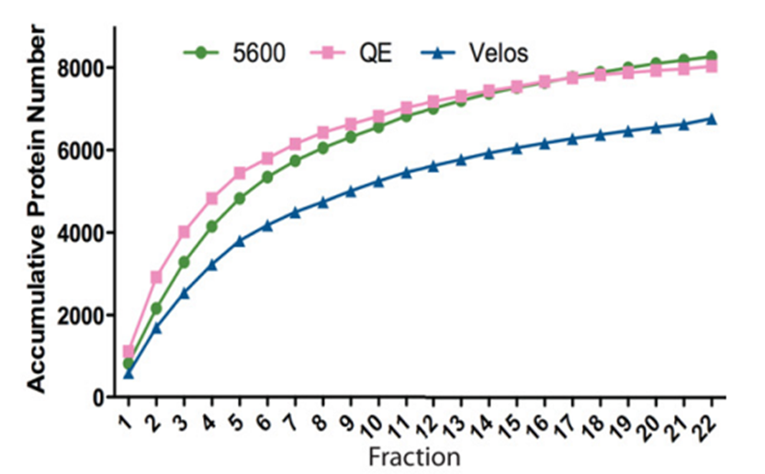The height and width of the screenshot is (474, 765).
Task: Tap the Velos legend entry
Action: pyautogui.click(x=497, y=52)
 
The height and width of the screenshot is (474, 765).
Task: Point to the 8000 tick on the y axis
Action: pyautogui.click(x=85, y=68)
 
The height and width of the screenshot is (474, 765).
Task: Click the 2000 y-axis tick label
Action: pyautogui.click(x=85, y=316)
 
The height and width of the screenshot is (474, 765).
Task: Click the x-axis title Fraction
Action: pyautogui.click(x=413, y=456)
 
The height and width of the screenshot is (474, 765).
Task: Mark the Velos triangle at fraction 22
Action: pyautogui.click(x=711, y=118)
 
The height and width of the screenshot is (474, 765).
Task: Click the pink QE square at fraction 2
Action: pyautogui.click(x=156, y=276)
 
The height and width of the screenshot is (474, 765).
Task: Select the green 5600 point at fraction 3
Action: pyautogui.click(x=184, y=262)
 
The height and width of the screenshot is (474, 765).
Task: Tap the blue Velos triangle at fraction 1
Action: pyautogui.click(x=129, y=373)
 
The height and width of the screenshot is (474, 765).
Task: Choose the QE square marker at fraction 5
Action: pyautogui.click(x=240, y=173)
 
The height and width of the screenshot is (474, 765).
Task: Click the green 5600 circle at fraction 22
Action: pyautogui.click(x=711, y=57)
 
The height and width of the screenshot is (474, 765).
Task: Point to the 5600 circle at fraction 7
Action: pyautogui.click(x=295, y=161)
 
